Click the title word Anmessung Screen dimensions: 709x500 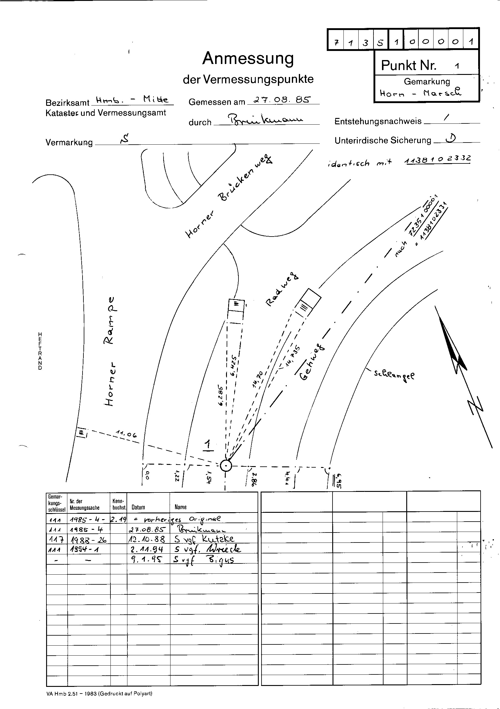248,58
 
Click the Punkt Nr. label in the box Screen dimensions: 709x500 409,65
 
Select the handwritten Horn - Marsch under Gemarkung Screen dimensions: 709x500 420,92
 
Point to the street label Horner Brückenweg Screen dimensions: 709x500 229,198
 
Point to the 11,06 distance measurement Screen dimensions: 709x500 126,434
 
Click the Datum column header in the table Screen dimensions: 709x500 138,507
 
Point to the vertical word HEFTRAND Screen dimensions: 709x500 40,351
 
